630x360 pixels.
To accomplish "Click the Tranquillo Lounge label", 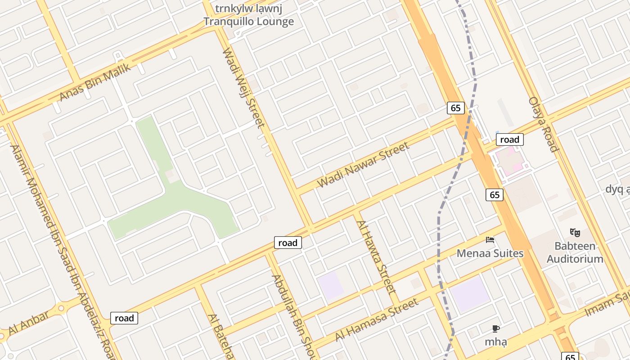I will (x=248, y=21).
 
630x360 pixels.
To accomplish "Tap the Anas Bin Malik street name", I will (x=95, y=82).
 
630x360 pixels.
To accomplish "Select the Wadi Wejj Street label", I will (x=243, y=88).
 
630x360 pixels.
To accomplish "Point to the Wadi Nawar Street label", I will (x=364, y=165).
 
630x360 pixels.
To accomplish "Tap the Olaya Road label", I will (x=543, y=124).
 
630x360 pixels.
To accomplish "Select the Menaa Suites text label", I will (x=490, y=253).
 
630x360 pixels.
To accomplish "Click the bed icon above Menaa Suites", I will (x=490, y=239).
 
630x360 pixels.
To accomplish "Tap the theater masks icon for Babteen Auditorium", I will (x=575, y=233).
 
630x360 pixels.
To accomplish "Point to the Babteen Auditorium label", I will (x=575, y=252).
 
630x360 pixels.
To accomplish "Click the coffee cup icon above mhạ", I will (x=496, y=328).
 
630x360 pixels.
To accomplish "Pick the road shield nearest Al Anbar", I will (x=124, y=318).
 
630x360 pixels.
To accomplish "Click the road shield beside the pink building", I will (x=509, y=139).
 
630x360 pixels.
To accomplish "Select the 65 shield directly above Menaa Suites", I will (x=495, y=194).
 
